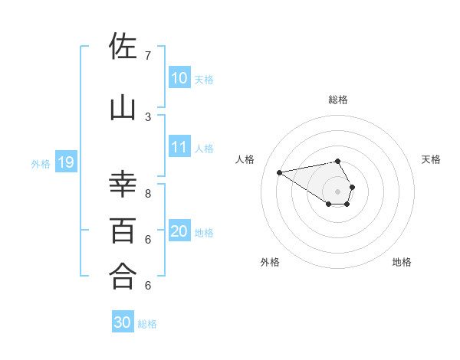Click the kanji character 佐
tap(123, 47)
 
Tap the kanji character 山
tap(123, 108)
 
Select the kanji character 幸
tap(123, 185)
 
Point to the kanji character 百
tap(123, 230)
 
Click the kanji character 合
tap(123, 277)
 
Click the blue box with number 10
tap(179, 78)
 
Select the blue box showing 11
tap(179, 147)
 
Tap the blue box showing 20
tap(179, 231)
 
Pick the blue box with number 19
tap(65, 162)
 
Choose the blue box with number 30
tap(123, 322)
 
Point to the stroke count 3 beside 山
tap(147, 116)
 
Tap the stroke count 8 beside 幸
tap(147, 194)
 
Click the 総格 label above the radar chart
tap(338, 100)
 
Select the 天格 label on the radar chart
tap(431, 159)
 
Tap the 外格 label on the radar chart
tap(270, 262)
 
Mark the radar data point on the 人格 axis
tap(280, 172)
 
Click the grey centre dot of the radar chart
tap(338, 191)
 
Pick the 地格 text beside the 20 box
tap(204, 232)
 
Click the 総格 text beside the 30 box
tap(147, 324)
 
